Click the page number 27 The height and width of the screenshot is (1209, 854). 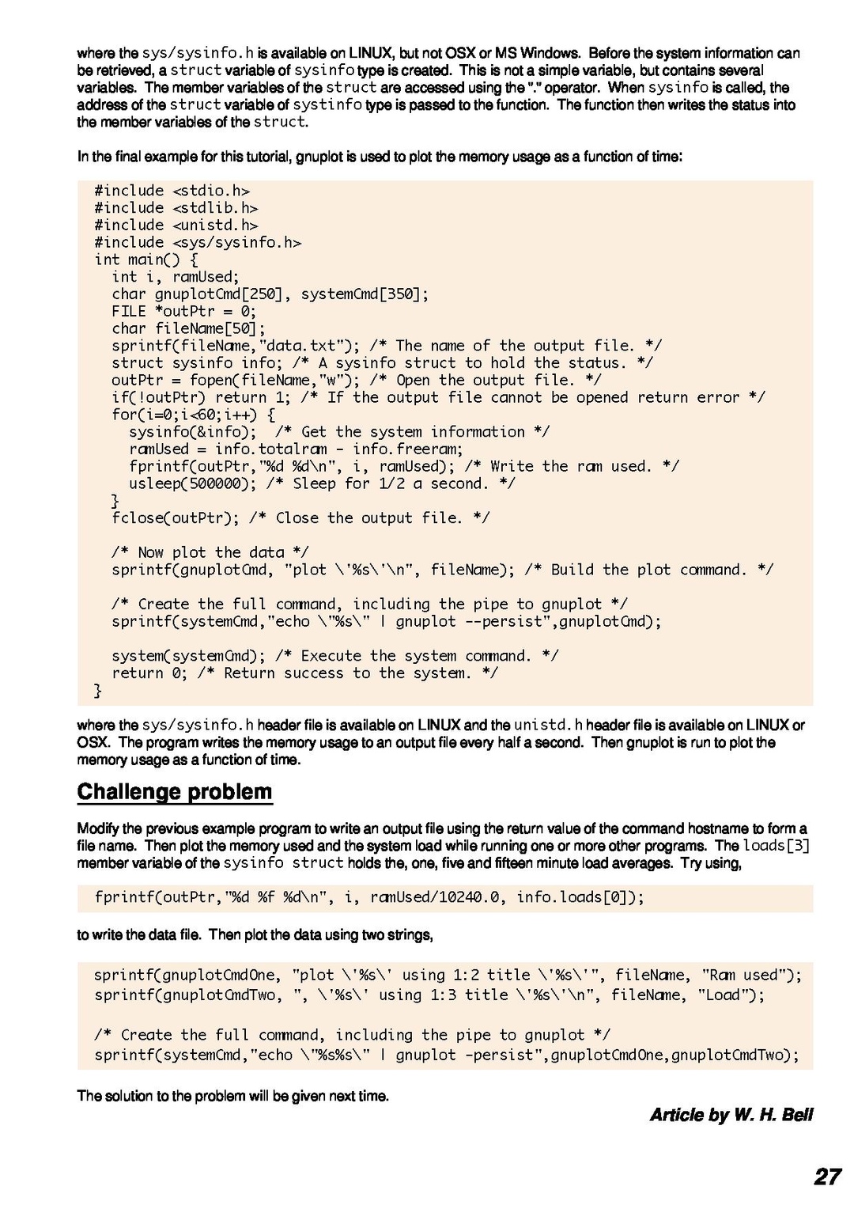click(x=827, y=1176)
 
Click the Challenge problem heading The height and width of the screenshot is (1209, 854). click(x=175, y=792)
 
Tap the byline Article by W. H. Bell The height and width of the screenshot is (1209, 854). click(x=731, y=1115)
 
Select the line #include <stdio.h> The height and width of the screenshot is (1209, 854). click(x=172, y=191)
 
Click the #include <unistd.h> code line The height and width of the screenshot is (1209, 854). click(x=176, y=226)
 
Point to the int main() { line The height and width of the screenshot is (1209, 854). click(x=146, y=260)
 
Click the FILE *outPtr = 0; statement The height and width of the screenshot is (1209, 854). click(x=183, y=311)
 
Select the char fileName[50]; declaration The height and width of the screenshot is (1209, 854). click(x=188, y=328)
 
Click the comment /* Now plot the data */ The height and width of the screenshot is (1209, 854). click(x=210, y=552)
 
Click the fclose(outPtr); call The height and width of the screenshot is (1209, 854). click(x=175, y=518)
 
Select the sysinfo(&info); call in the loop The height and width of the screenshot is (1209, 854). click(x=192, y=432)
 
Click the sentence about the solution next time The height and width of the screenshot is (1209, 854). click(x=232, y=1096)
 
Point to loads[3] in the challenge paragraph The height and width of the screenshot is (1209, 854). click(x=776, y=846)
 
